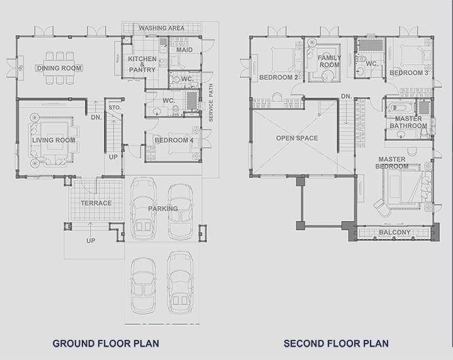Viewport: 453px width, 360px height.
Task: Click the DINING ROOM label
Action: (60, 68)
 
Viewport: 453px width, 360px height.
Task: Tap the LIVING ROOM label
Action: (53, 140)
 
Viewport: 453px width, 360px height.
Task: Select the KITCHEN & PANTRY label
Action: (142, 64)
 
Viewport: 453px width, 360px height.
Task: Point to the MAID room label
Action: (184, 50)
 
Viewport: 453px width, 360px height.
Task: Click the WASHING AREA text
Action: (162, 28)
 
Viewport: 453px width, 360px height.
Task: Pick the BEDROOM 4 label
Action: (174, 140)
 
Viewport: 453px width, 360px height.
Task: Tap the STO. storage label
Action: (115, 108)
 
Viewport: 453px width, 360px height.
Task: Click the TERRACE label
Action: (96, 203)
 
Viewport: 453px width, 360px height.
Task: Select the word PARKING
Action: (163, 208)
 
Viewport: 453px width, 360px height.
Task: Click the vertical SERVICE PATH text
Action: (211, 103)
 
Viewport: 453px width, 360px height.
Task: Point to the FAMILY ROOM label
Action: (330, 61)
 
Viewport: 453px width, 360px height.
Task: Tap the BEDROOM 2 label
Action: (279, 77)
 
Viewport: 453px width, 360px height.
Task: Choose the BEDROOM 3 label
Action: (409, 73)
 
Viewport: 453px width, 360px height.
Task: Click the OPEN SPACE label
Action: (297, 138)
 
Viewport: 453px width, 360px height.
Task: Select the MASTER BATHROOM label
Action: (408, 122)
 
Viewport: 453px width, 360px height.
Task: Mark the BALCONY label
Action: (394, 232)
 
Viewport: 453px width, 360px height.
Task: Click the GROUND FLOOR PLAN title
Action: (106, 344)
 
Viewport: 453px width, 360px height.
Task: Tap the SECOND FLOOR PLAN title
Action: (336, 344)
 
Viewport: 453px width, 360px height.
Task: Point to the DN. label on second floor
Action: (346, 96)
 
